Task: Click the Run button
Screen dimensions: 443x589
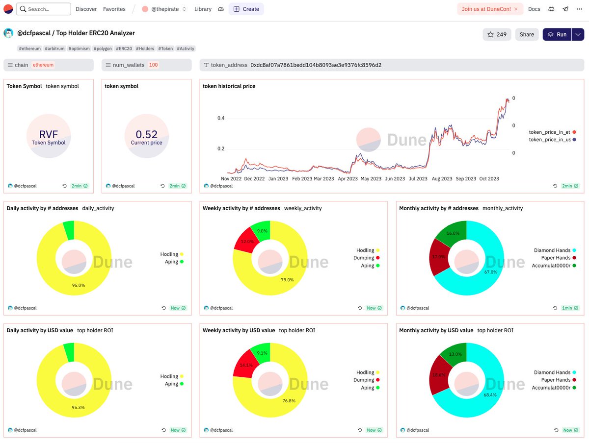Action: (x=557, y=34)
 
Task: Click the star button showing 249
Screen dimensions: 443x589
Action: (x=497, y=34)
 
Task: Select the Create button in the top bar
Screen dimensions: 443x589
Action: (x=246, y=9)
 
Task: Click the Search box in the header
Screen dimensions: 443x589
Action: (x=43, y=9)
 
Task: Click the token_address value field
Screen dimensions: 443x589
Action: (x=316, y=65)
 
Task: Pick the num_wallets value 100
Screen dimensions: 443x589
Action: (x=153, y=65)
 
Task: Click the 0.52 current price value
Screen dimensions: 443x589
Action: (x=146, y=134)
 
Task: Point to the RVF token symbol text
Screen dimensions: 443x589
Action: (x=49, y=135)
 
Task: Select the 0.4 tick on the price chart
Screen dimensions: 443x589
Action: (x=221, y=118)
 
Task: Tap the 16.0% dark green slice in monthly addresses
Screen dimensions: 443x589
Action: (x=451, y=234)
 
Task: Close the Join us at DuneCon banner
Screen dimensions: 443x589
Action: (x=515, y=9)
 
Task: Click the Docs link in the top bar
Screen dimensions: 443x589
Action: (x=534, y=9)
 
